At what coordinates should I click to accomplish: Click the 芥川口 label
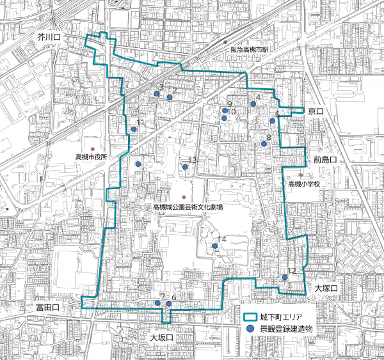(49, 39)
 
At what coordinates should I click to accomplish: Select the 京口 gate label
(316, 112)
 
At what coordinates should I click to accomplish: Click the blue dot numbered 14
(214, 246)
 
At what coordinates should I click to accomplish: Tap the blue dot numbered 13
(185, 167)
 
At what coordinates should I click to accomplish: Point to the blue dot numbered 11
(134, 129)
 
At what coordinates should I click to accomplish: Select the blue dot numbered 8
(264, 144)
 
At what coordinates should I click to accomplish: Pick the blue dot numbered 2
(170, 97)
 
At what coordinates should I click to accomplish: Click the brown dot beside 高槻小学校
(301, 175)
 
